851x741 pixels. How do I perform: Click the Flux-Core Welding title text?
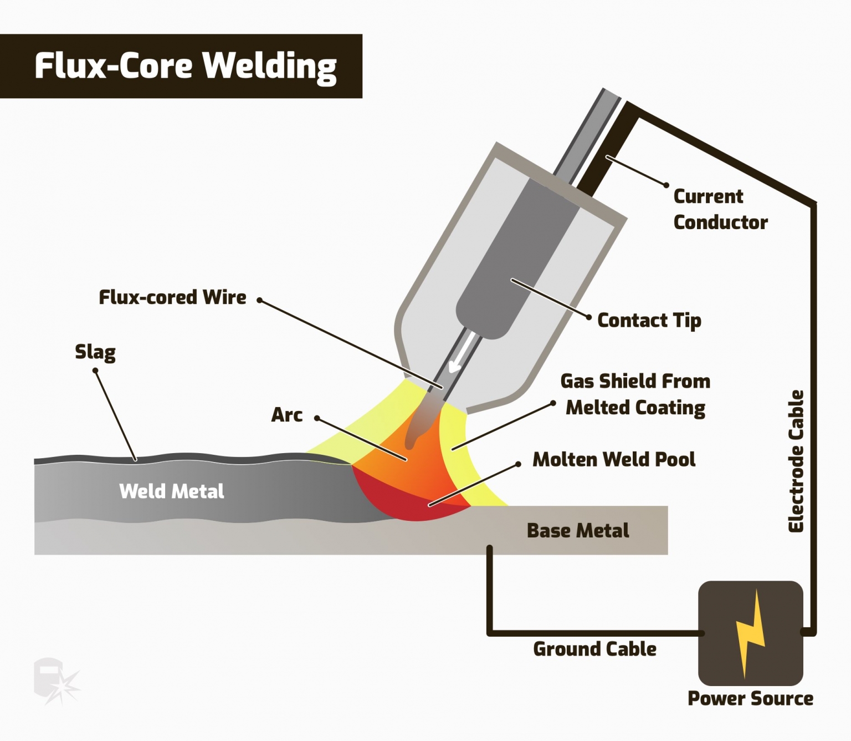[x=185, y=66]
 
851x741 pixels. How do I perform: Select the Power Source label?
[x=750, y=698]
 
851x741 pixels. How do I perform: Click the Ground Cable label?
[x=594, y=649]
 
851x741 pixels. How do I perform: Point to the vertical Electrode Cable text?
[x=796, y=461]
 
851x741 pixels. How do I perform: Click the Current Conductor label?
[x=720, y=209]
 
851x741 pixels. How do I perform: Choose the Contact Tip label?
[x=649, y=321]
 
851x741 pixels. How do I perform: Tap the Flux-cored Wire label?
[x=172, y=297]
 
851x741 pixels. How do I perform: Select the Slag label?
[x=95, y=352]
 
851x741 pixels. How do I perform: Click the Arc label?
[x=286, y=415]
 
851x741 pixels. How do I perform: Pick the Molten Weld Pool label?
[x=614, y=459]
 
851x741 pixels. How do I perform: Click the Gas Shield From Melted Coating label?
[x=635, y=394]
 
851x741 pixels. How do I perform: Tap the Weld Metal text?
[x=172, y=491]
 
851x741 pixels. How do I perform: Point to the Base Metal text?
[x=578, y=531]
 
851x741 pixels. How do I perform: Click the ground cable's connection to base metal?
[x=490, y=549]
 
